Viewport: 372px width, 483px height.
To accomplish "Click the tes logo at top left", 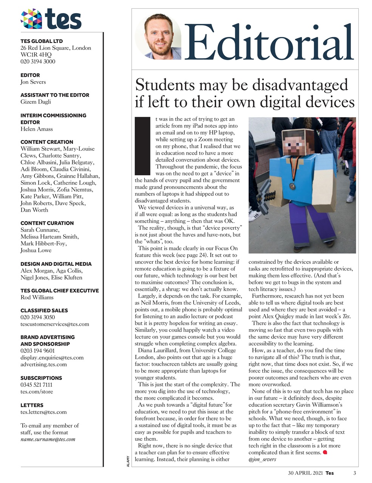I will [51, 19].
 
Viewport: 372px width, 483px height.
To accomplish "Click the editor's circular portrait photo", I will [158, 37].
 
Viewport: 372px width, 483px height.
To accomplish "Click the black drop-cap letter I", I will [143, 145].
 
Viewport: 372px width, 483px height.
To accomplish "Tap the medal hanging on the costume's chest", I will [292, 186].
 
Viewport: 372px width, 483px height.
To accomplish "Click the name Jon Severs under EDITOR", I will [33, 82].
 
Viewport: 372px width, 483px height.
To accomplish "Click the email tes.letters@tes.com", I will [43, 412].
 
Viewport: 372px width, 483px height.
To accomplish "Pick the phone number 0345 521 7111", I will [36, 385].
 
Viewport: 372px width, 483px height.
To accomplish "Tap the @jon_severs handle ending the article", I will [262, 459].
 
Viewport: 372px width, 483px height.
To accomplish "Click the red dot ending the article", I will [325, 452].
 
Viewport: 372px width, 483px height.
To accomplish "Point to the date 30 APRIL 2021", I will [305, 473].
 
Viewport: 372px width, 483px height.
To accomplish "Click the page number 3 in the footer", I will [355, 473].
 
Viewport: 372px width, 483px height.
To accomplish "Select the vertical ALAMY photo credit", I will [128, 461].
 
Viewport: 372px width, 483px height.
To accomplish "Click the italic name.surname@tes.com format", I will [48, 439].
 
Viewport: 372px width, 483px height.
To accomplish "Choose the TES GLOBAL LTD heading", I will [42, 41].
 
